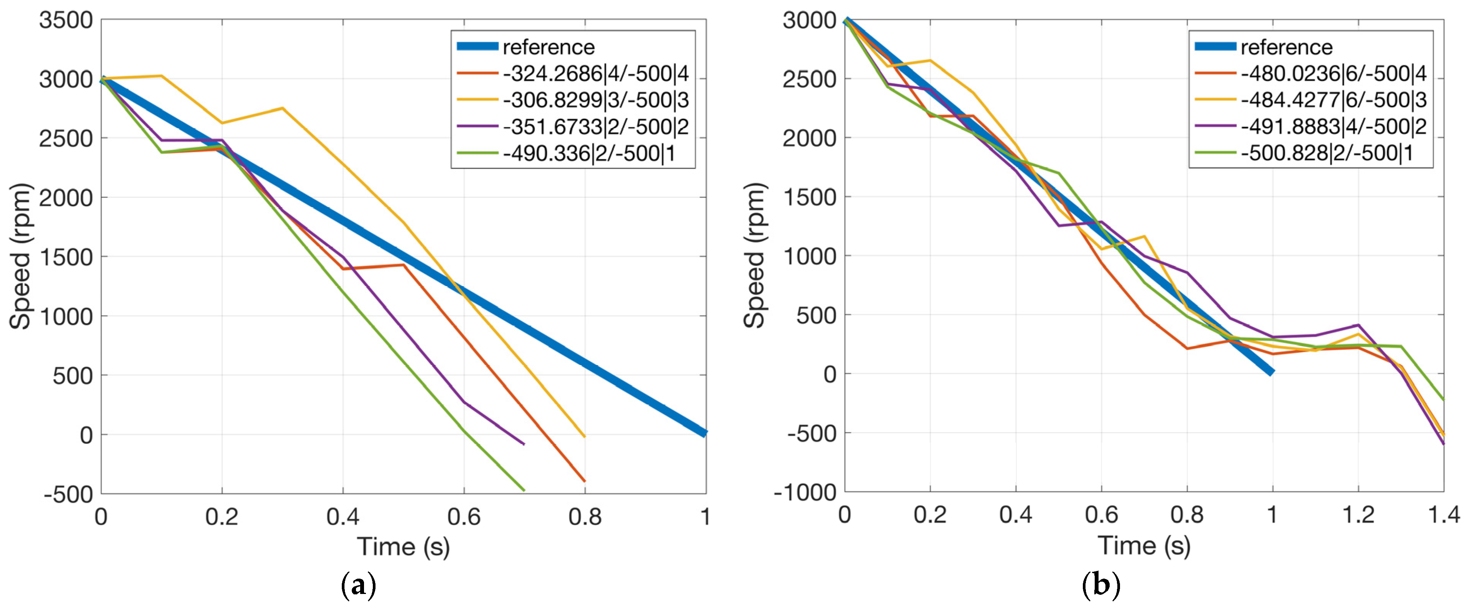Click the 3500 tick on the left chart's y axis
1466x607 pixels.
tap(66, 20)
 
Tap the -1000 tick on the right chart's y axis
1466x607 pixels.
tap(805, 492)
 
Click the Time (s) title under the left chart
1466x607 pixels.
tap(403, 546)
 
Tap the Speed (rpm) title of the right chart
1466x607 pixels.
tap(755, 255)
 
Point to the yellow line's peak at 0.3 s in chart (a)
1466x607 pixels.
tap(282, 108)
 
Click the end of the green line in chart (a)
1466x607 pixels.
tap(523, 490)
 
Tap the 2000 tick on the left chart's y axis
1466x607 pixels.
tap(66, 198)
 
